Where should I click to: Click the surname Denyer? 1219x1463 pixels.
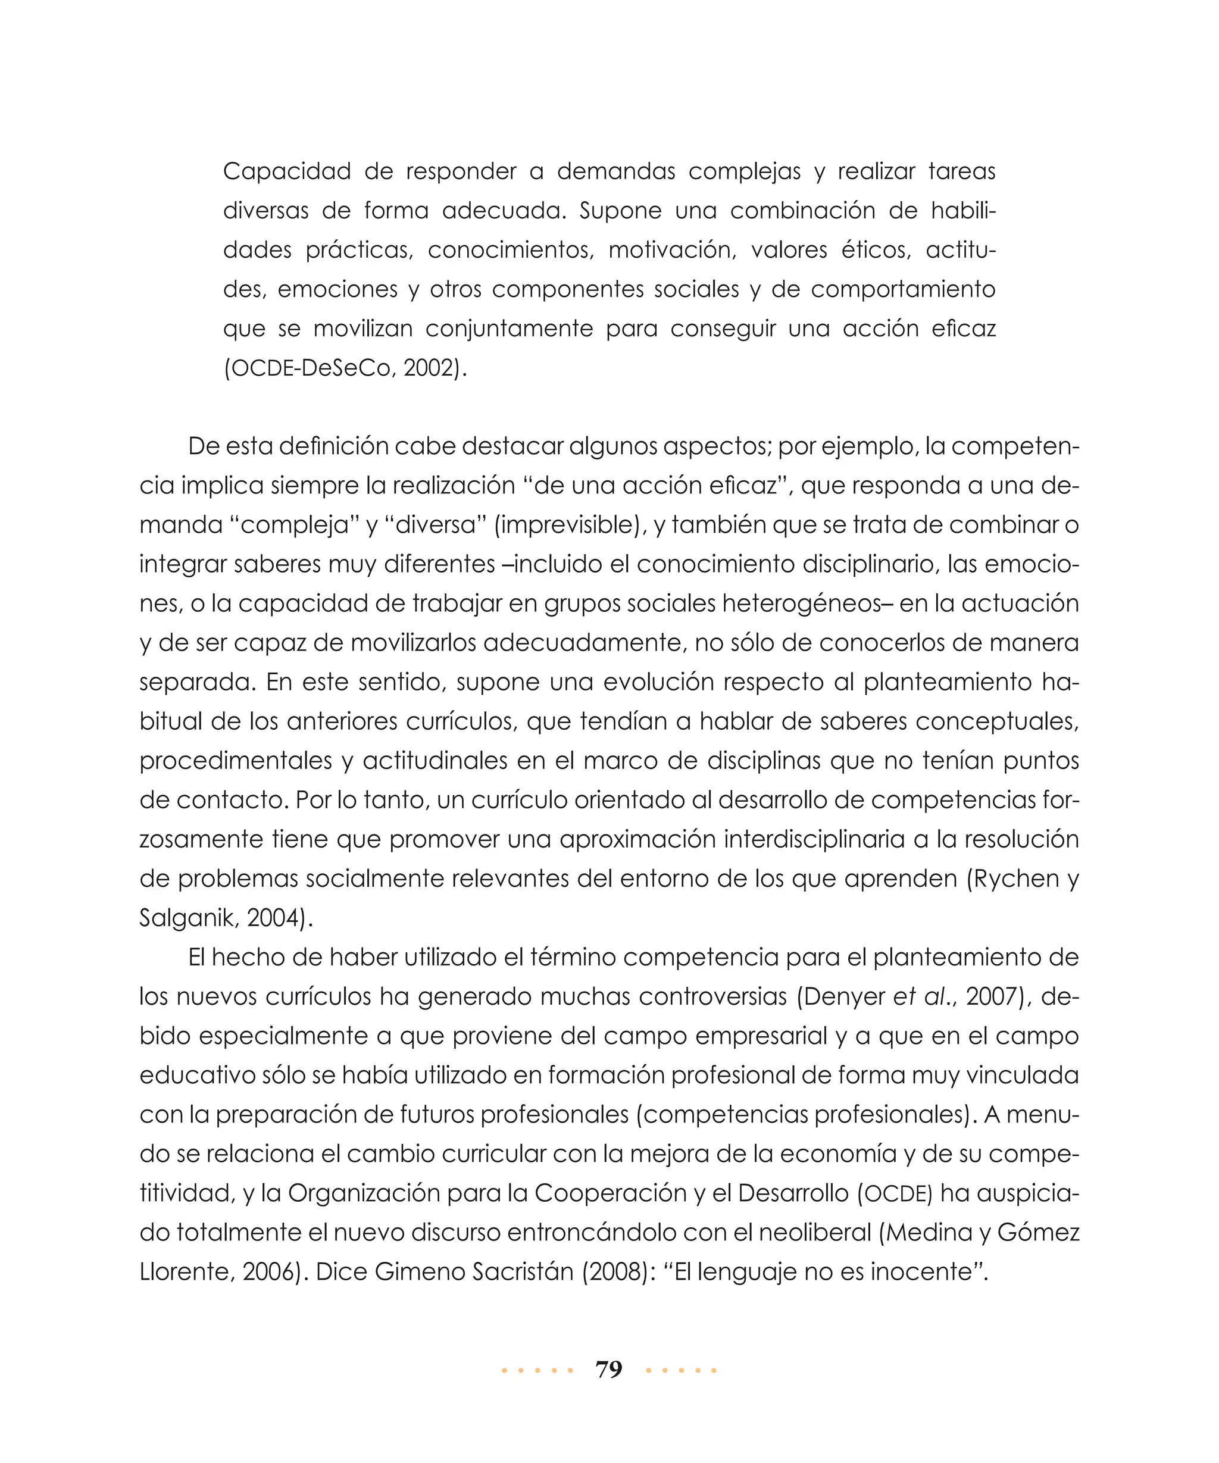[x=844, y=996]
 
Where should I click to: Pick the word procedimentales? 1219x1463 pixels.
[x=236, y=760]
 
